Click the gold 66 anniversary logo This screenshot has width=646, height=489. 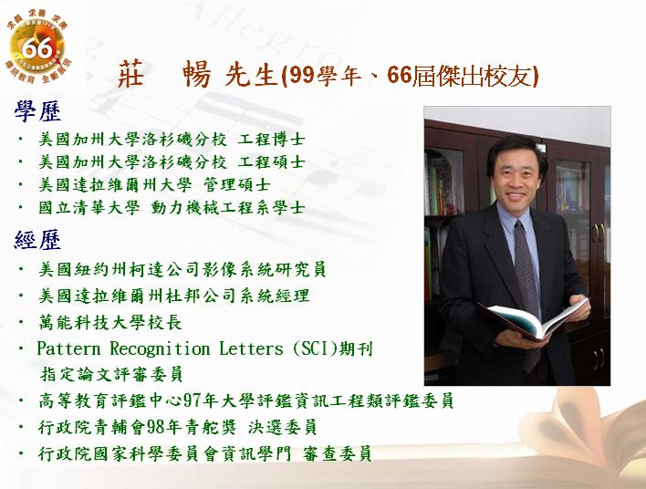(x=38, y=47)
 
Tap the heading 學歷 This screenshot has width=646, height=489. (x=37, y=111)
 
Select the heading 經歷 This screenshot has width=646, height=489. (x=37, y=240)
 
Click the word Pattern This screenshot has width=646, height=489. (x=68, y=349)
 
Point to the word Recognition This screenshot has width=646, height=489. (x=160, y=349)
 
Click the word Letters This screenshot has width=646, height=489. (x=251, y=349)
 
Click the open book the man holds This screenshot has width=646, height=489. (x=535, y=318)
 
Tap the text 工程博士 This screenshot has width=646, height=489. (x=272, y=140)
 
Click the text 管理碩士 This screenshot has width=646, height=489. (x=237, y=184)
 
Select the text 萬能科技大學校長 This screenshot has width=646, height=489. (x=110, y=322)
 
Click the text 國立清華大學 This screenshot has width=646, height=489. (x=89, y=208)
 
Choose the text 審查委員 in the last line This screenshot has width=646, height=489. (x=337, y=453)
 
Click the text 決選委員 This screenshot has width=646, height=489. (x=282, y=427)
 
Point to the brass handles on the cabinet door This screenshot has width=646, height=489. (x=599, y=233)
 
